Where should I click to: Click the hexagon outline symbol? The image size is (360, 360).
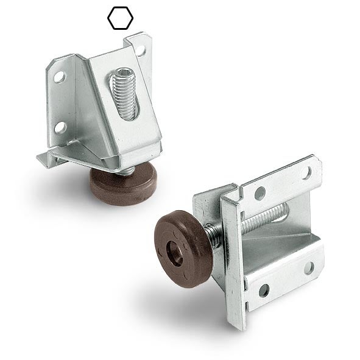[120, 18]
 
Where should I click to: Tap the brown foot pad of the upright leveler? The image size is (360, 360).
[122, 186]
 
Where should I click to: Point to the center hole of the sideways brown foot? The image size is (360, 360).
[175, 251]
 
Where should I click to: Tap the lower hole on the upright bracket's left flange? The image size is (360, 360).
[60, 127]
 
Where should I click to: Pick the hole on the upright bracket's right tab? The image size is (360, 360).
[141, 49]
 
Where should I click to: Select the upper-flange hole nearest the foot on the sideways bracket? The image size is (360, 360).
[260, 194]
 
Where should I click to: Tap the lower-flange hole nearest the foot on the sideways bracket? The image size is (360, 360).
[264, 290]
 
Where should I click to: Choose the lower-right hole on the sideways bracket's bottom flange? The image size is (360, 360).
[309, 267]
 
